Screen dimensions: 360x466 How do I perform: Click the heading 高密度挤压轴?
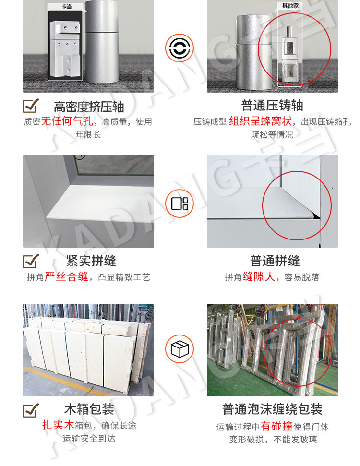pyautogui.click(x=89, y=107)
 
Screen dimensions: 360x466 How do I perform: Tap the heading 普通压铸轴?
pyautogui.click(x=272, y=106)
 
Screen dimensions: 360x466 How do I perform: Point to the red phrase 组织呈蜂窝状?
pyautogui.click(x=260, y=121)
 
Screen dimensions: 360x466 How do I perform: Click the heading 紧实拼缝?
pyautogui.click(x=91, y=261)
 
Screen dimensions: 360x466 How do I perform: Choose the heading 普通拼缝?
pyautogui.click(x=275, y=261)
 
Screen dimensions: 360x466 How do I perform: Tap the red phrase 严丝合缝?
pyautogui.click(x=67, y=277)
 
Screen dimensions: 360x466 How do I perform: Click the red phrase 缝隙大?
pyautogui.click(x=259, y=277)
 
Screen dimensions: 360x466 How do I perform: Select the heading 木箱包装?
pyautogui.click(x=89, y=409)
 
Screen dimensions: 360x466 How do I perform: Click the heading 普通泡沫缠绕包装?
pyautogui.click(x=272, y=409)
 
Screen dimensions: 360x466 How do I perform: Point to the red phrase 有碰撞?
pyautogui.click(x=276, y=427)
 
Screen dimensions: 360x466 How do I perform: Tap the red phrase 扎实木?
pyautogui.click(x=58, y=425)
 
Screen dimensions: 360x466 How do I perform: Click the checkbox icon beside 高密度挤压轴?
pyautogui.click(x=31, y=106)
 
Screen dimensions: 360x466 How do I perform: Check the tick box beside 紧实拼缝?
pyautogui.click(x=31, y=261)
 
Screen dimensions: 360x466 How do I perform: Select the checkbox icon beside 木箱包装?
pyautogui.click(x=31, y=410)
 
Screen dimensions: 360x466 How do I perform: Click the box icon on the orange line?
pyautogui.click(x=180, y=349)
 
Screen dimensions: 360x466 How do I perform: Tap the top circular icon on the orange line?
pyautogui.click(x=180, y=48)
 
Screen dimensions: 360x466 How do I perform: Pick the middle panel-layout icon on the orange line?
pyautogui.click(x=180, y=203)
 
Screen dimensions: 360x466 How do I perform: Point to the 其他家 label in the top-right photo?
pyautogui.click(x=290, y=6)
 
